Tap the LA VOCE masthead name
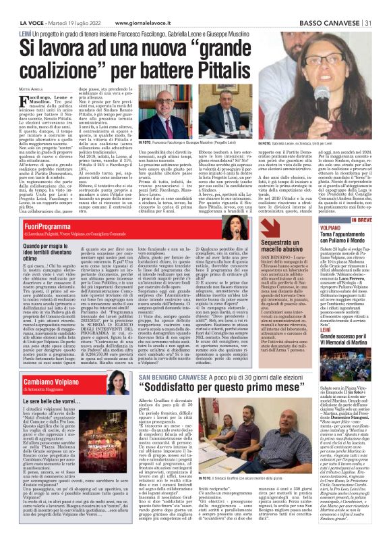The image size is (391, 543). pyautogui.click(x=20, y=5)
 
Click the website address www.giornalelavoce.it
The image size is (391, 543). pyautogui.click(x=148, y=5)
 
